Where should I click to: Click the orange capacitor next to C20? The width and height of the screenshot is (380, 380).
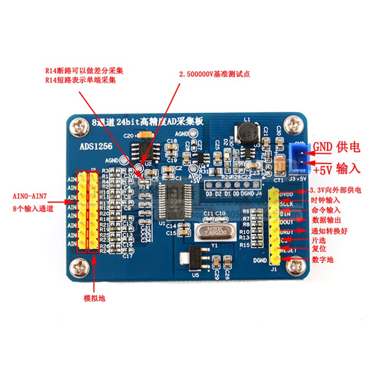click(x=145, y=136)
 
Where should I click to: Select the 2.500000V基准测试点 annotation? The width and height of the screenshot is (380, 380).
click(x=214, y=75)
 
